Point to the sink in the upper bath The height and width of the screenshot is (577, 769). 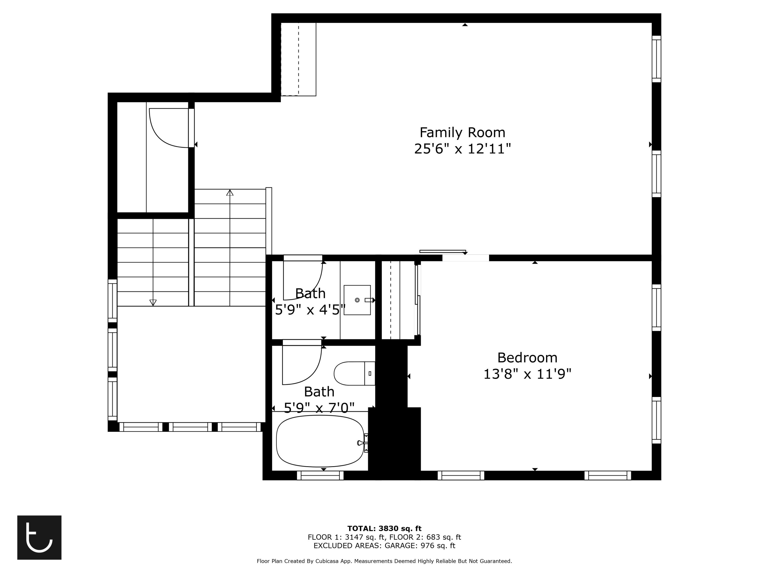pos(357,300)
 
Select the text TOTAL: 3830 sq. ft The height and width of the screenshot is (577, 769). pos(384,529)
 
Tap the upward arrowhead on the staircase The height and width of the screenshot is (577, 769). pos(230,193)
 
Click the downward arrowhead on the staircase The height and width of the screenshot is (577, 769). pos(153,303)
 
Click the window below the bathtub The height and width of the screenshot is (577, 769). pos(320,475)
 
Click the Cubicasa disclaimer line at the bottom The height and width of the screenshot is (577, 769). pos(384,561)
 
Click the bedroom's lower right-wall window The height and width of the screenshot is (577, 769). pos(656,420)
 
